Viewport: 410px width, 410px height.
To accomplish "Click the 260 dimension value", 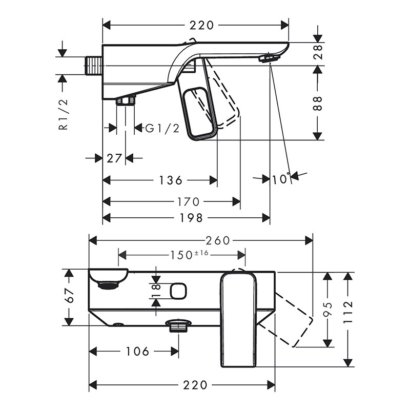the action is coord(217,240).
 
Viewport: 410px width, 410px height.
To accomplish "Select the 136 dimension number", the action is coord(171,180).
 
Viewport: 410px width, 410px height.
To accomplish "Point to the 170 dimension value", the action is coord(188,201).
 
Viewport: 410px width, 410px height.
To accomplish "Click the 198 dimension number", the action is coord(191,218).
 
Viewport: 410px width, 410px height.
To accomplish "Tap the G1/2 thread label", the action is coord(162,129).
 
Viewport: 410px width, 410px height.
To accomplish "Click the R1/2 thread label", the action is coord(63,114).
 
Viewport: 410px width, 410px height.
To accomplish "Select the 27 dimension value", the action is coord(114,158).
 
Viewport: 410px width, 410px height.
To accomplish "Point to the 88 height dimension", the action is coord(318,103).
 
